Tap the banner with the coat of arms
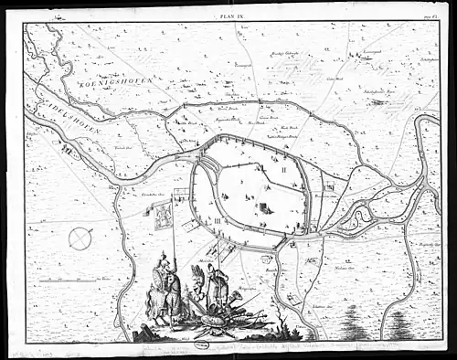tap(163, 216)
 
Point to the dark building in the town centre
tap(266, 205)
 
